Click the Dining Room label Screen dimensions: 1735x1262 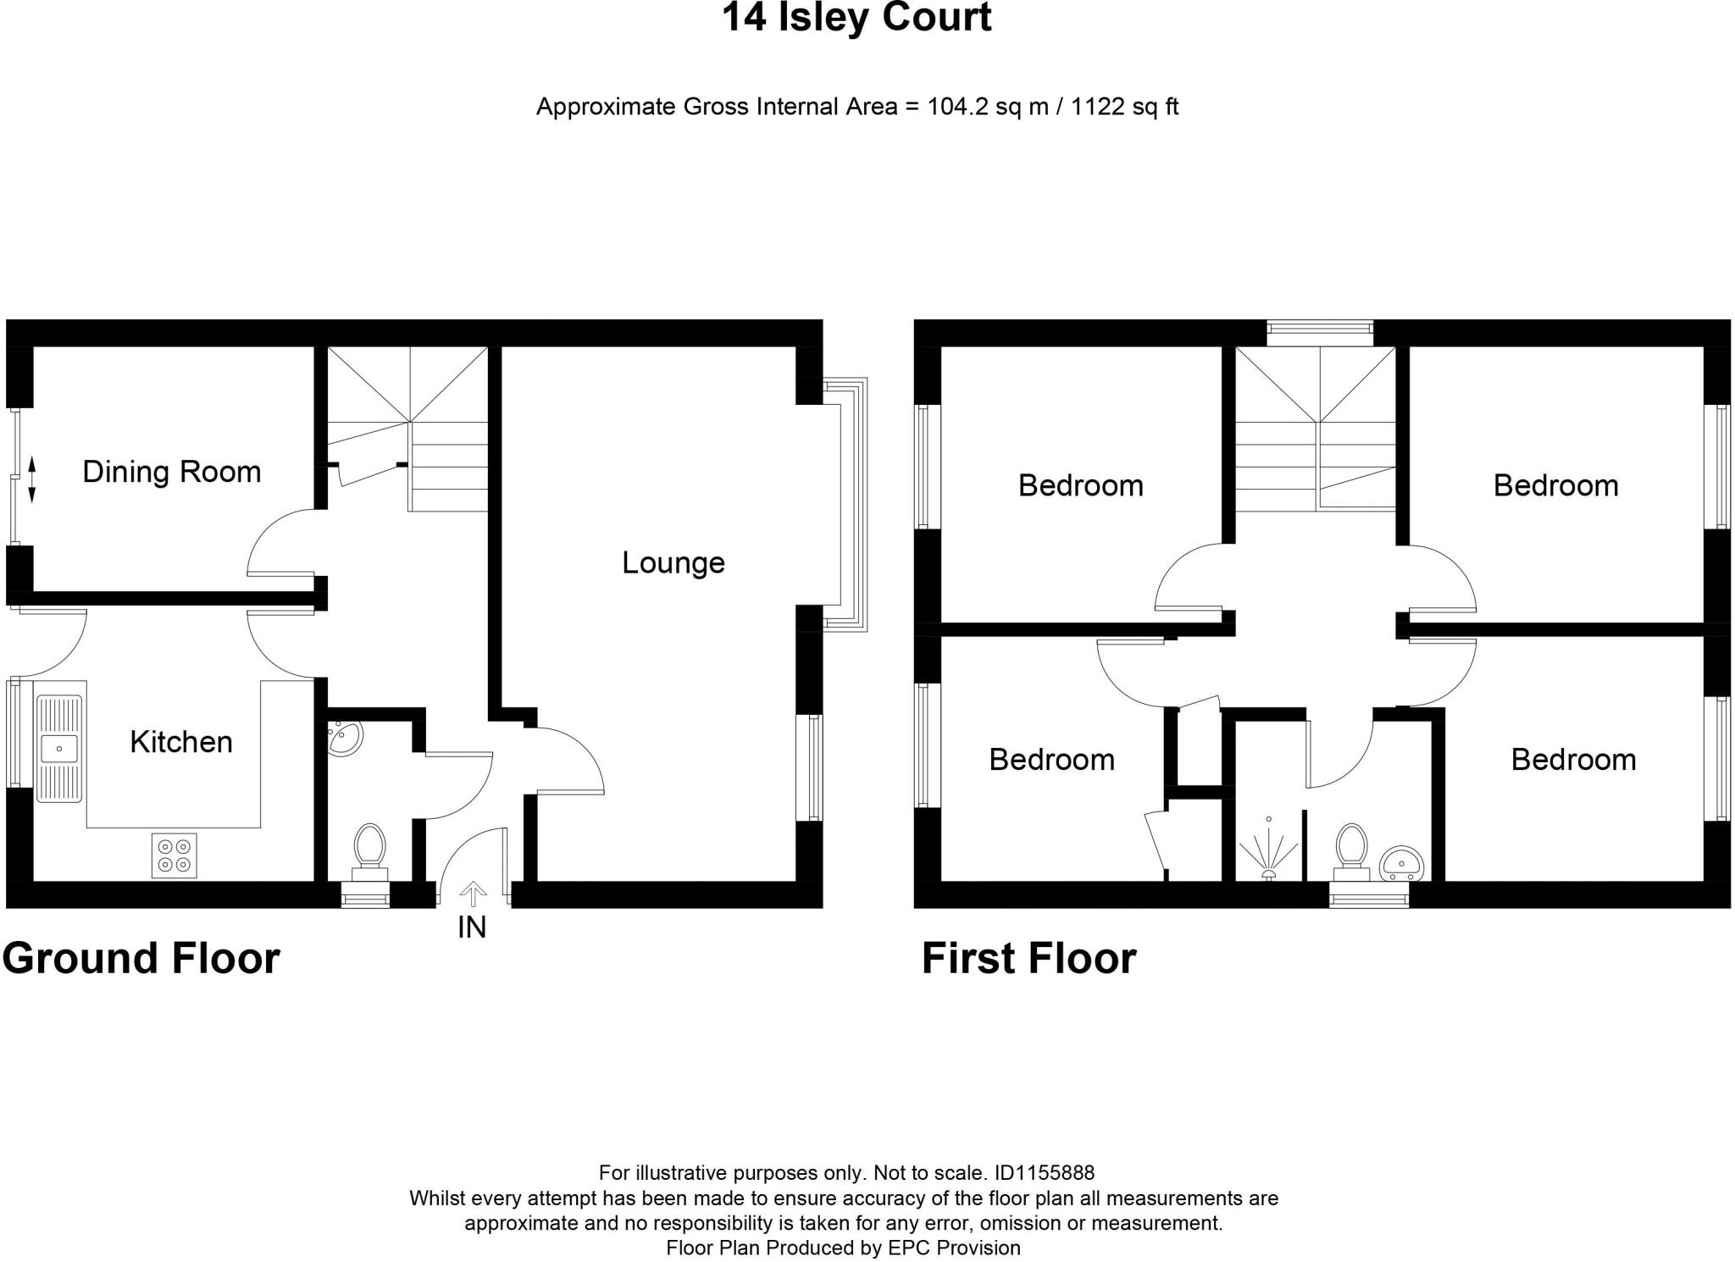tap(172, 472)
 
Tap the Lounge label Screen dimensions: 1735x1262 tap(673, 563)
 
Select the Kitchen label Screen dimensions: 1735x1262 tap(181, 742)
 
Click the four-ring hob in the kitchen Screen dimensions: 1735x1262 tap(174, 855)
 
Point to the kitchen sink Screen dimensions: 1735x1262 tap(58, 749)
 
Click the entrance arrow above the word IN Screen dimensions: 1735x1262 tap(473, 894)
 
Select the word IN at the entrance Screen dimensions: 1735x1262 tap(472, 928)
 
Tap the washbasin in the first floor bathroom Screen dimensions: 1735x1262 tap(1401, 863)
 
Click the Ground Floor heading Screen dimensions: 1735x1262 tap(141, 959)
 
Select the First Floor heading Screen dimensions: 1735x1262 tap(1028, 959)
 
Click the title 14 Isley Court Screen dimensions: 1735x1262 tap(856, 18)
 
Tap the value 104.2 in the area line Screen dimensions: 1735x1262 tap(958, 108)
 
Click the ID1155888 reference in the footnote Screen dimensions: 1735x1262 tap(1045, 1173)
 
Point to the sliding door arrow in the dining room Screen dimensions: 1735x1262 tap(31, 479)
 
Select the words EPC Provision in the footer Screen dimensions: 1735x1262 tap(954, 1248)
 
